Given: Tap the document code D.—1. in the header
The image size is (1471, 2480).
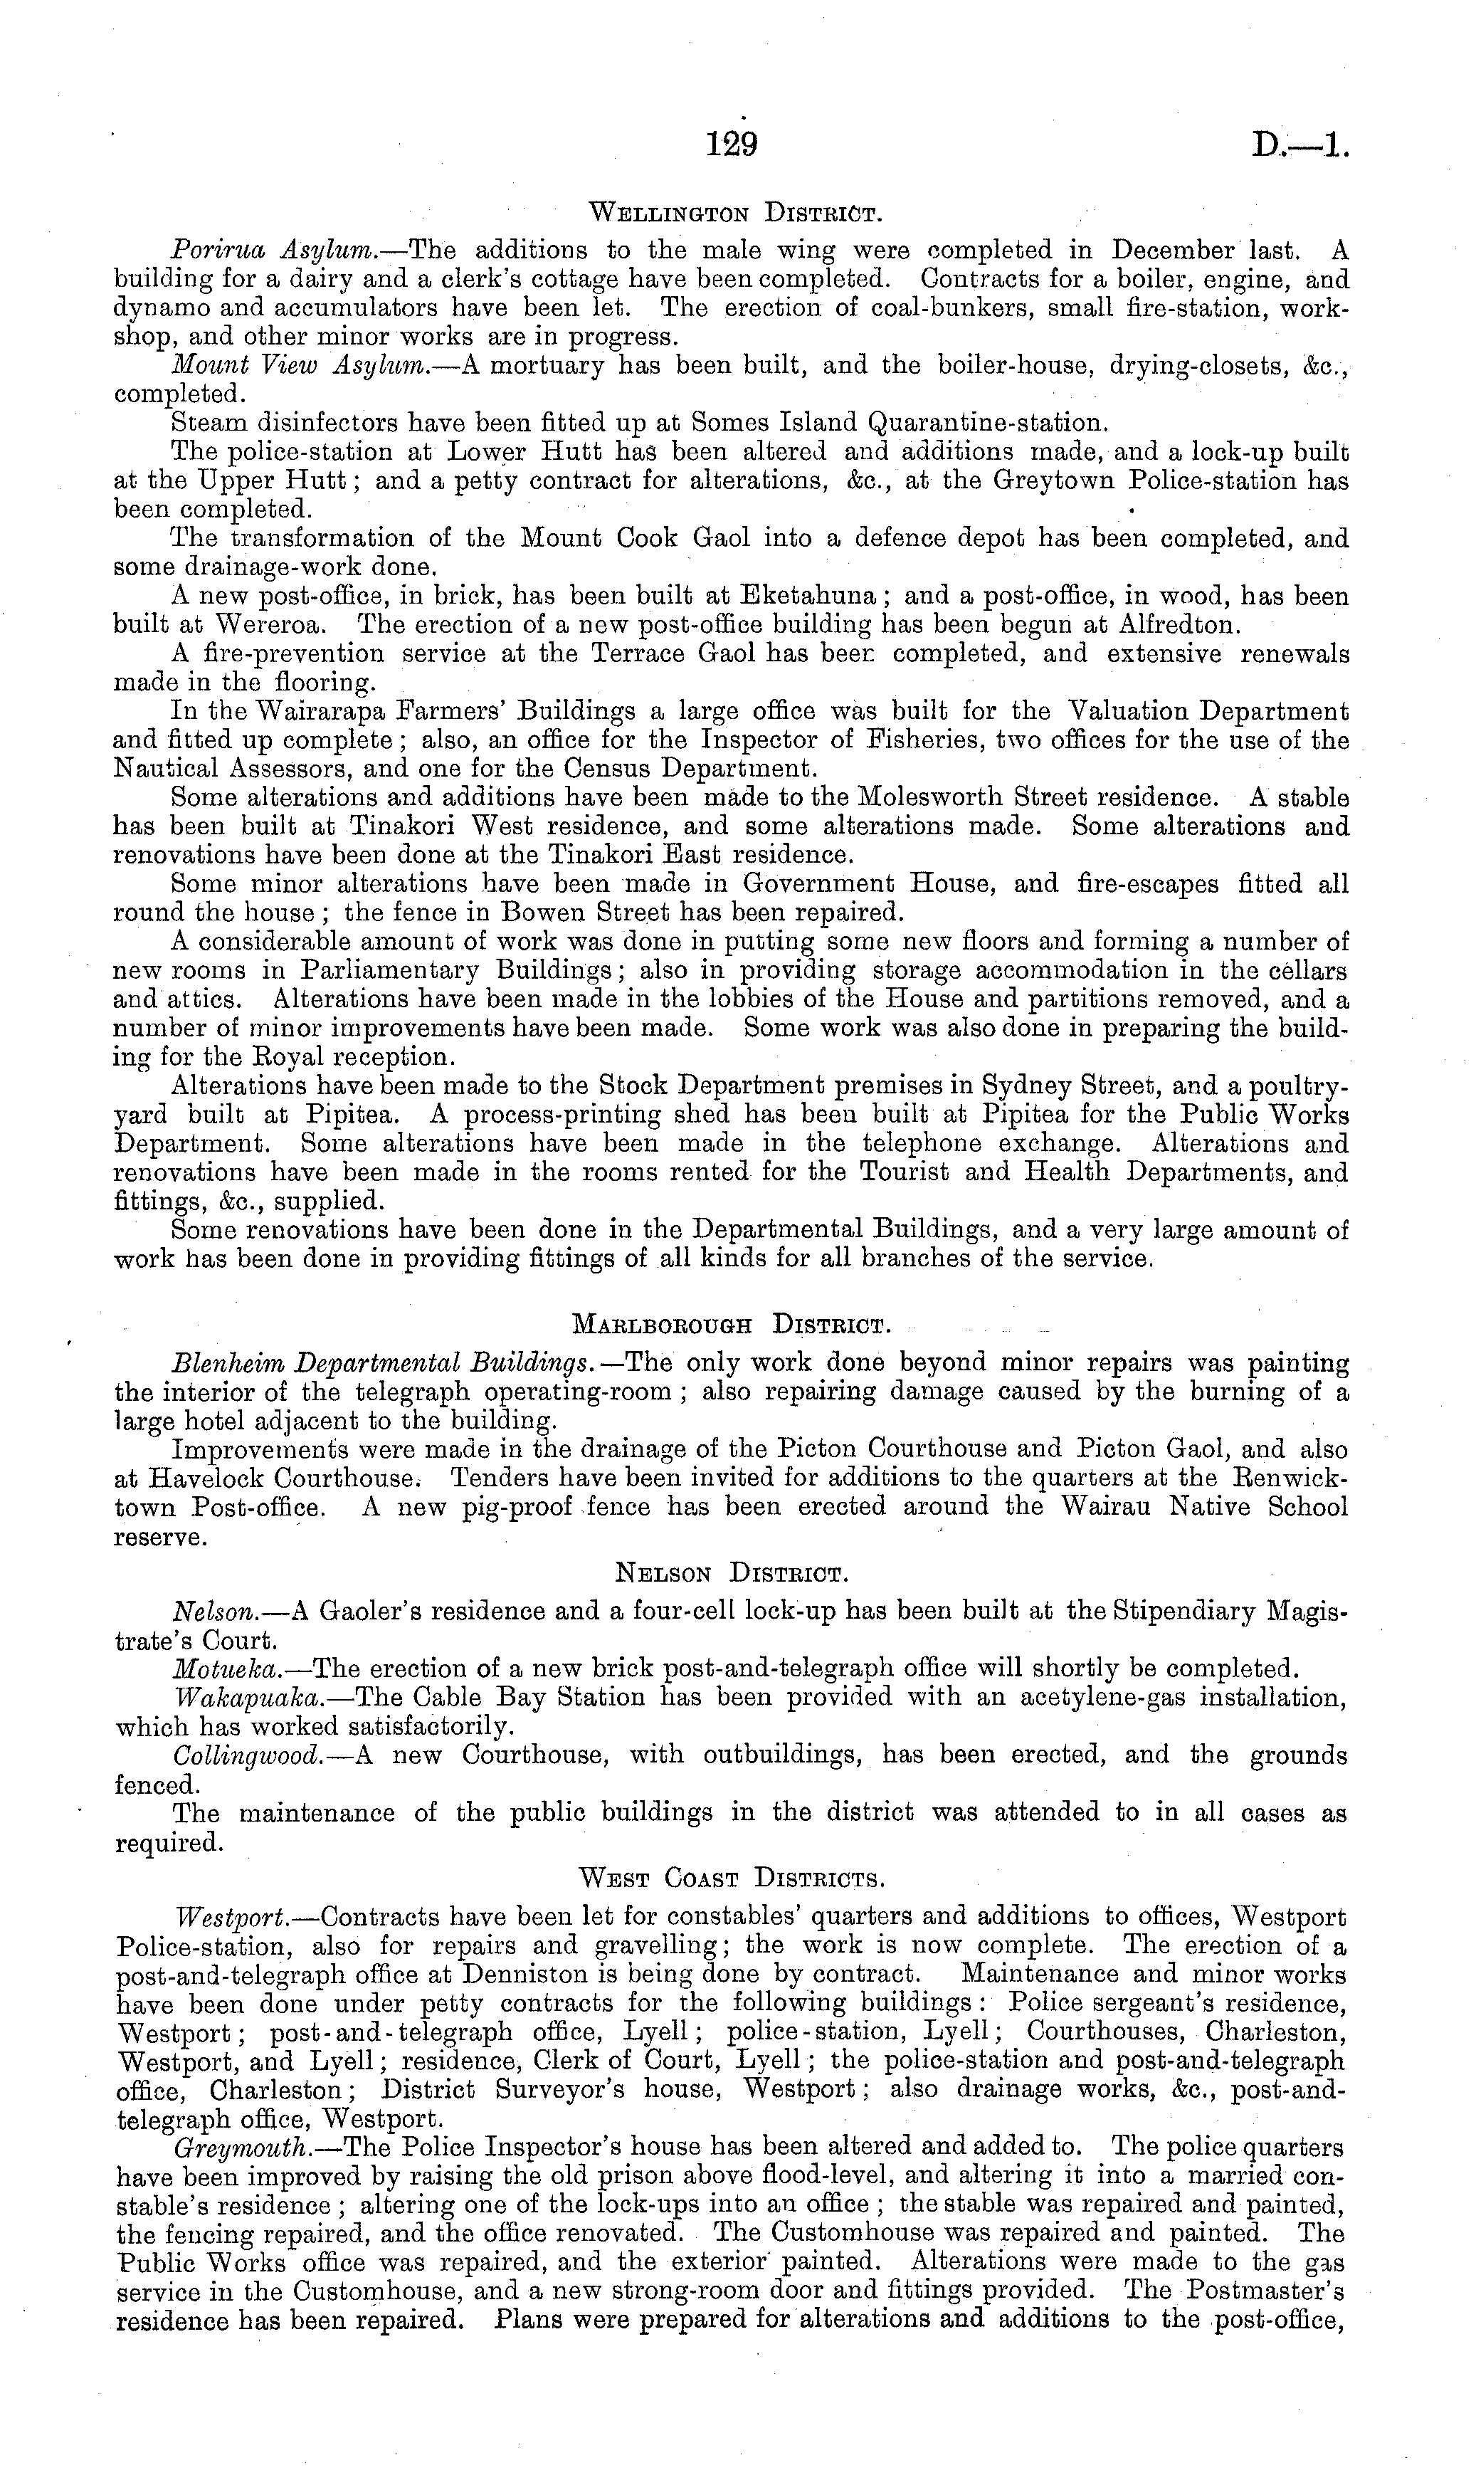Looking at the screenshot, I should click(1299, 146).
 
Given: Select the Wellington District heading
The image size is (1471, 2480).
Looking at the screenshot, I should click(734, 212).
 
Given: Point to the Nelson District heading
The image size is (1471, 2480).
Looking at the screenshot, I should click(731, 1573).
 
